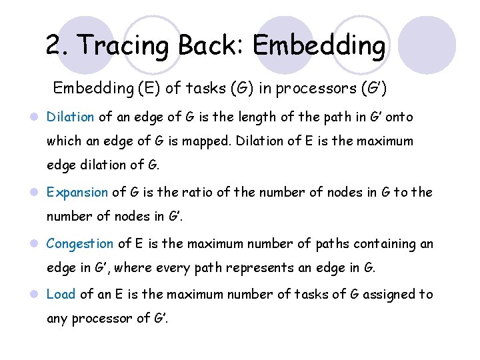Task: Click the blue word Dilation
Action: click(x=70, y=117)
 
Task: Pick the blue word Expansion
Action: click(x=77, y=193)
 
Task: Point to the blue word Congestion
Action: click(x=80, y=244)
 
